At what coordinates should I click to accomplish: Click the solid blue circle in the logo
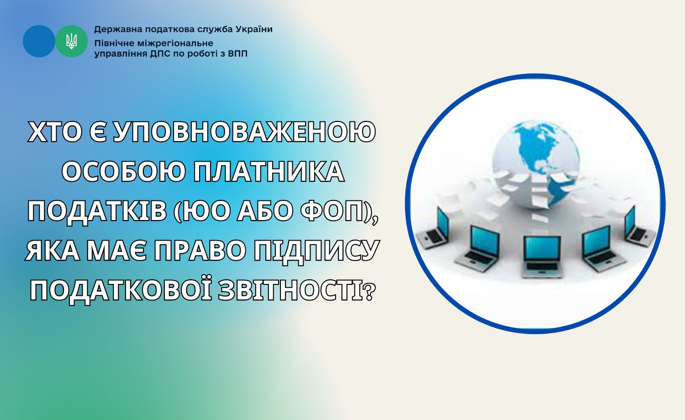[39, 41]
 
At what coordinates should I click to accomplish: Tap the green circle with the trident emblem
[72, 41]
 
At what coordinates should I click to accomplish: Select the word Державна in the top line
[114, 30]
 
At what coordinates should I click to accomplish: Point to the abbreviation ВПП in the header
[238, 54]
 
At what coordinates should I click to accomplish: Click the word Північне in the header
[113, 43]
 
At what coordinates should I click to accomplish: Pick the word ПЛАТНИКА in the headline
[269, 172]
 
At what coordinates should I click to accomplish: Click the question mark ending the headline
[369, 292]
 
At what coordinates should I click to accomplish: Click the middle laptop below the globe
[542, 257]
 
